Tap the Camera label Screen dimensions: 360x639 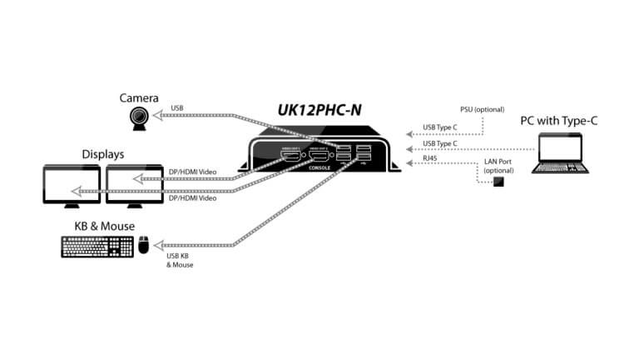click(140, 97)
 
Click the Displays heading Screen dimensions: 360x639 click(103, 154)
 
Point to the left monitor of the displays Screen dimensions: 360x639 click(73, 183)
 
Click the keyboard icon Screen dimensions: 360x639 click(97, 245)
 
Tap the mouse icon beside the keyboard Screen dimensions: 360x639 click(144, 245)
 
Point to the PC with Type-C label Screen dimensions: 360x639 click(560, 122)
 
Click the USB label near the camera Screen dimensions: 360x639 click(177, 107)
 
